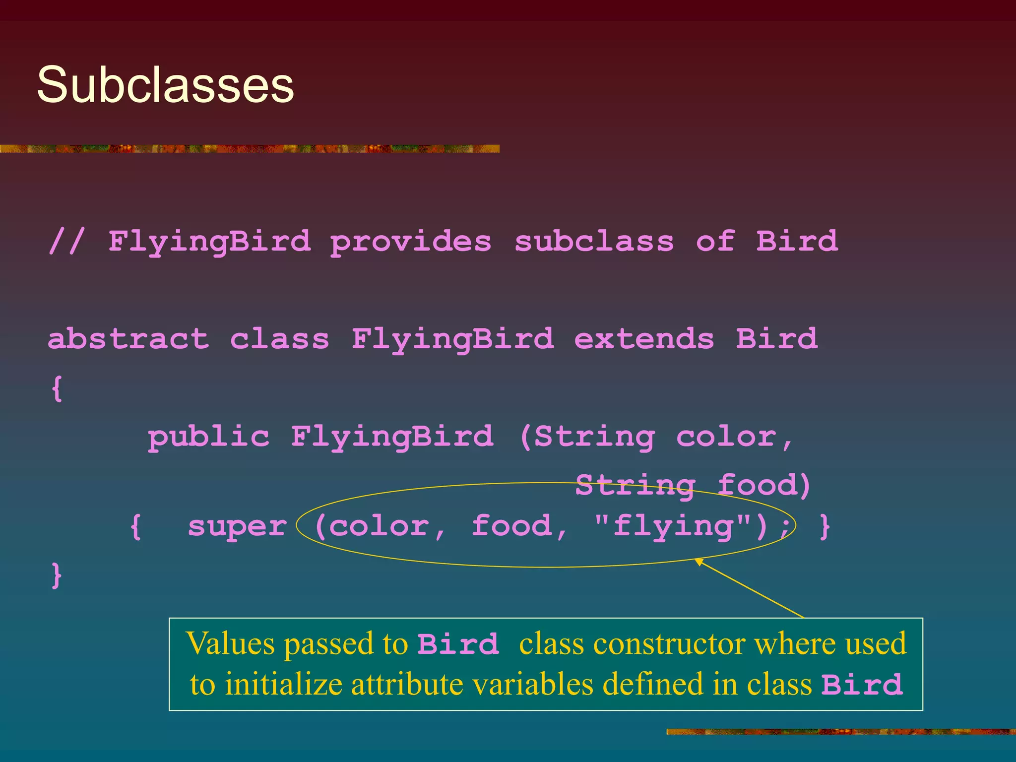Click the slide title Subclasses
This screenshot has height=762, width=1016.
click(x=165, y=85)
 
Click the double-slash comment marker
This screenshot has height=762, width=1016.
click(x=67, y=242)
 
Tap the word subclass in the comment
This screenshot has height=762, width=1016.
click(x=594, y=242)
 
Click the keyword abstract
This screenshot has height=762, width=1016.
click(x=128, y=339)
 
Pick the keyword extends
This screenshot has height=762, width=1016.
click(x=644, y=339)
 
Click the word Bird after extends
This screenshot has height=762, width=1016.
click(x=776, y=339)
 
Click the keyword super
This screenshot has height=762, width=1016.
click(x=237, y=526)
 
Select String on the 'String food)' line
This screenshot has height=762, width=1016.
click(x=635, y=485)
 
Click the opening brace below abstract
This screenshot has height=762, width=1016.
click(x=57, y=388)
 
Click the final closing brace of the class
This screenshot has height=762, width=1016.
click(x=57, y=575)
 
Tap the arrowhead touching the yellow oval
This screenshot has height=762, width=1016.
click(x=699, y=561)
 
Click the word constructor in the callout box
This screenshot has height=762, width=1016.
click(x=672, y=644)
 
